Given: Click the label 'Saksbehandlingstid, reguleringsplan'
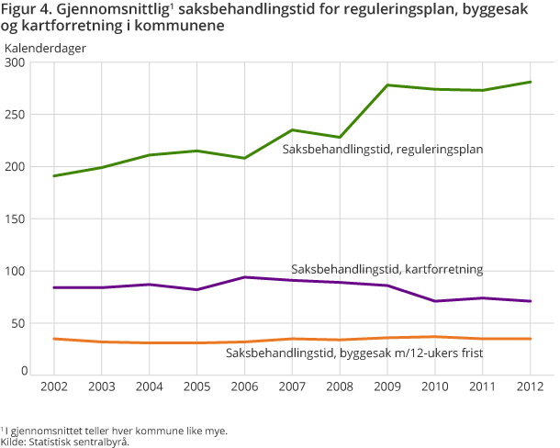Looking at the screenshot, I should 382,149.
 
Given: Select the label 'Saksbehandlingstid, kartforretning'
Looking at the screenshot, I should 386,270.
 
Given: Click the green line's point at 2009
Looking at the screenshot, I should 387,85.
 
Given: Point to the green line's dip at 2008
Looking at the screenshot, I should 340,137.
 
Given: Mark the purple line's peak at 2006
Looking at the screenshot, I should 244,277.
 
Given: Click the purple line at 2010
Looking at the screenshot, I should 435,301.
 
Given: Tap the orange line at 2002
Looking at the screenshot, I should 53,339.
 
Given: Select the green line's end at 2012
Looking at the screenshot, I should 531,82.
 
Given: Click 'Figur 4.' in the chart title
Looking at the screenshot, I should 29,11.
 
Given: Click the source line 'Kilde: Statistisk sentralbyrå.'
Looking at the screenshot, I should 65,442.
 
